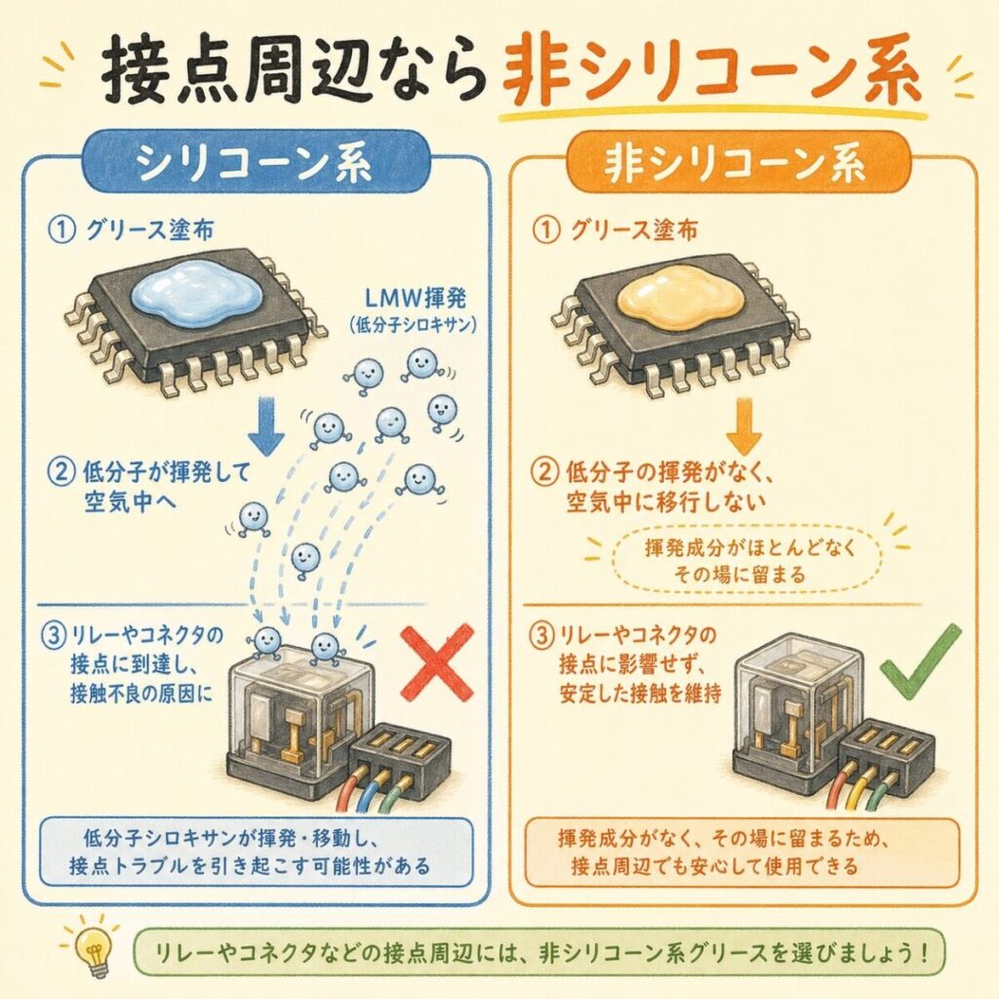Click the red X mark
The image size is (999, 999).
438,661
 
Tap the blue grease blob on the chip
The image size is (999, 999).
195,293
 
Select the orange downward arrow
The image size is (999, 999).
743,425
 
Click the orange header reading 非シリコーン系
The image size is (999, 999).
736,163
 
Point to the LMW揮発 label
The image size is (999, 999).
415,299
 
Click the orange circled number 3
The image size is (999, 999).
543,636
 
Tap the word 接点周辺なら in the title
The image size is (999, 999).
293,71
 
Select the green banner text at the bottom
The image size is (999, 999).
542,954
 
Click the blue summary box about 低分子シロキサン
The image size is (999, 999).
257,853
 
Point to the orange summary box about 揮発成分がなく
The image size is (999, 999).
742,853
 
